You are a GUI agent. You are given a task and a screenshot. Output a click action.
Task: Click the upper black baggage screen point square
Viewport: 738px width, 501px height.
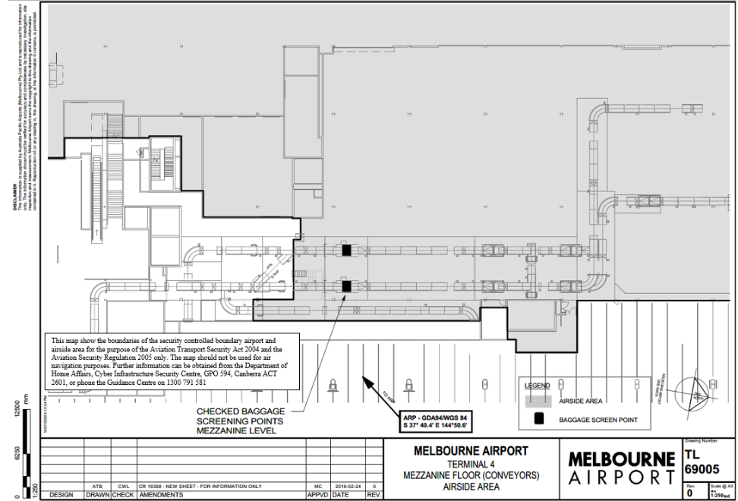[x=346, y=250]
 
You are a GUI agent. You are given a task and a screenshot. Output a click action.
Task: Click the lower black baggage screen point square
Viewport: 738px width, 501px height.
[x=346, y=285]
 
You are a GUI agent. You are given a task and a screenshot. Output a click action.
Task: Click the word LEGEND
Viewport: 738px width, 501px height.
[x=538, y=386]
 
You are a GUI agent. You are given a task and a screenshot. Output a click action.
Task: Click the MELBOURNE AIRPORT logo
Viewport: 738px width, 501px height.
[x=621, y=468]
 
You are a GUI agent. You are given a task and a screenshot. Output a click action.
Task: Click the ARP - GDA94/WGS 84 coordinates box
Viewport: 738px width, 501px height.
[x=436, y=422]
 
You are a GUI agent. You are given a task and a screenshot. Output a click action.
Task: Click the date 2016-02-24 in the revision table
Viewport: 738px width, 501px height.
[x=346, y=486]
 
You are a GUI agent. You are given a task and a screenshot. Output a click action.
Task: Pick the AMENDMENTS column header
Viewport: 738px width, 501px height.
[x=160, y=495]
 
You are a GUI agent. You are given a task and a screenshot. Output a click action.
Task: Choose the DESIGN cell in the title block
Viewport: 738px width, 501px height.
[x=61, y=495]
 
